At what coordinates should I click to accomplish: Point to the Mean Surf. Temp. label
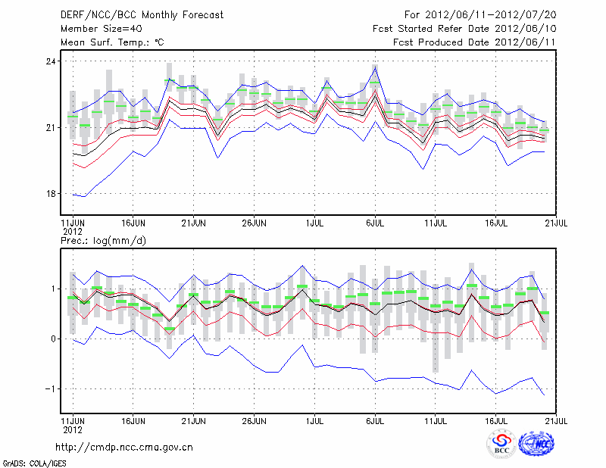click(x=112, y=42)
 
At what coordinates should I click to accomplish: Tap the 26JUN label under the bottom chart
click(x=254, y=419)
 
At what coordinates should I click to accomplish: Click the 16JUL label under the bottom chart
click(x=496, y=419)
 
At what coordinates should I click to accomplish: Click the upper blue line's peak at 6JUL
click(x=375, y=67)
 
